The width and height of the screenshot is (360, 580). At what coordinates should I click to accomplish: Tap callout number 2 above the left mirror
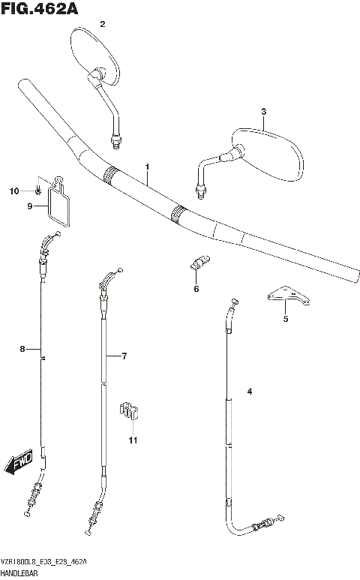[103, 24]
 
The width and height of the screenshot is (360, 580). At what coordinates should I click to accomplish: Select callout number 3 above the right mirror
[263, 112]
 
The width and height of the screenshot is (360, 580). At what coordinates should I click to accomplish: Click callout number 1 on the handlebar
[148, 166]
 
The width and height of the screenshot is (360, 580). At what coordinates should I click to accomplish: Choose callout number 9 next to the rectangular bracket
[31, 206]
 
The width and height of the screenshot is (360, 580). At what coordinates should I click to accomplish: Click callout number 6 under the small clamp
[196, 288]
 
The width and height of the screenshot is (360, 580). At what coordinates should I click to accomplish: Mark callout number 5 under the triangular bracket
[285, 318]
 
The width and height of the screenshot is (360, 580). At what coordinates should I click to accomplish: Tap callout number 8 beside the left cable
[22, 349]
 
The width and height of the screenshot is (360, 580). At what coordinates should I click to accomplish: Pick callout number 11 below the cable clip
[132, 440]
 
